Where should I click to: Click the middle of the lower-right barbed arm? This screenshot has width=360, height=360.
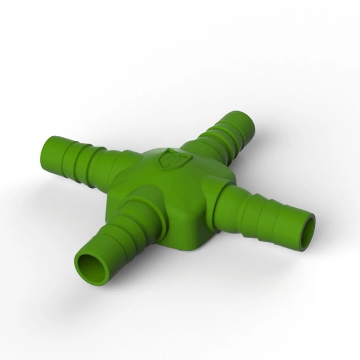pyautogui.click(x=262, y=208)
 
